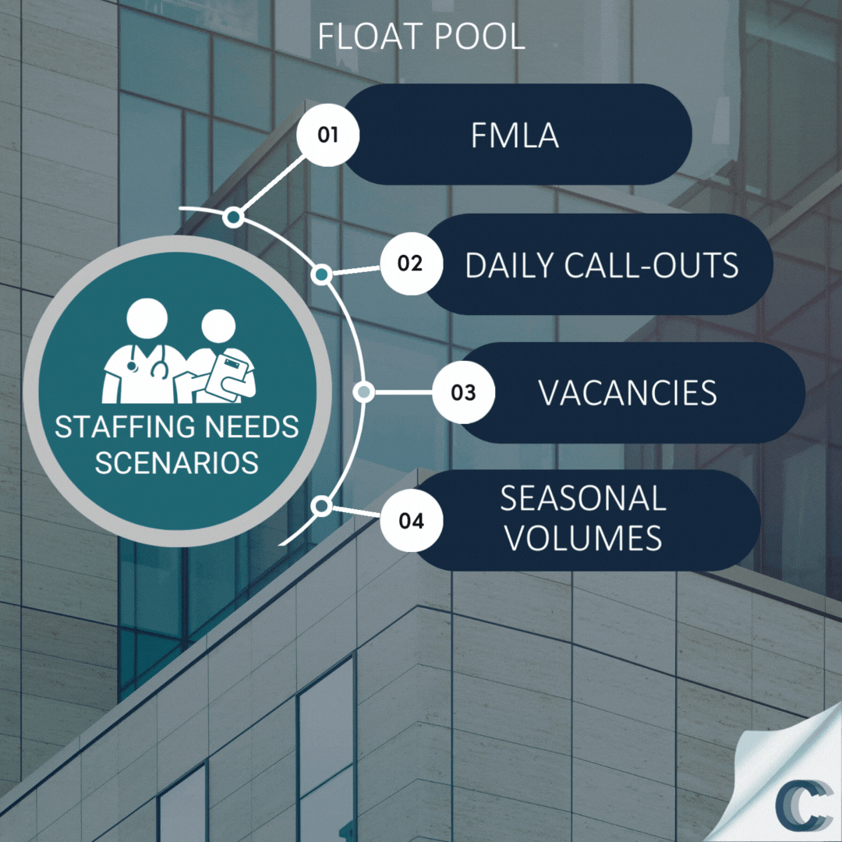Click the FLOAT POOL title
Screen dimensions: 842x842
point(421,37)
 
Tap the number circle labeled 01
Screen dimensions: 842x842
point(328,135)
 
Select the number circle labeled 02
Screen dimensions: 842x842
point(410,264)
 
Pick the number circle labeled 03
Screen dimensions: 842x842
point(463,391)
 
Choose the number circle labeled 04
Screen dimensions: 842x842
point(411,521)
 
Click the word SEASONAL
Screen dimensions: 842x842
point(583,499)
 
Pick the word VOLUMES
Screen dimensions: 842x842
point(583,539)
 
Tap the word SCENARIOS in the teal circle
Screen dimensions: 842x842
point(177,462)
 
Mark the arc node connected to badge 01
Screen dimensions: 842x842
point(232,218)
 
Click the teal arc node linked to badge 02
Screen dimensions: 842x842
point(321,274)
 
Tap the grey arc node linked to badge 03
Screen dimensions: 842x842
point(363,392)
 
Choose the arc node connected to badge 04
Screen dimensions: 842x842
point(320,507)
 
